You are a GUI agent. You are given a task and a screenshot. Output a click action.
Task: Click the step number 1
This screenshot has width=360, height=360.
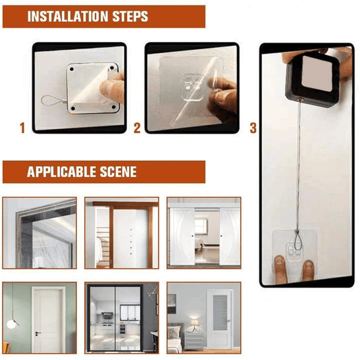22,128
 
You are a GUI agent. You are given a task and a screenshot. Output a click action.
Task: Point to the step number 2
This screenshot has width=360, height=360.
136,128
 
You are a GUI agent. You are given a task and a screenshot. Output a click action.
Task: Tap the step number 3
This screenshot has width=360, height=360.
253,128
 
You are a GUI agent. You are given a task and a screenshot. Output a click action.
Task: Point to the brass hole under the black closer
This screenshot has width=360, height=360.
300,98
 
